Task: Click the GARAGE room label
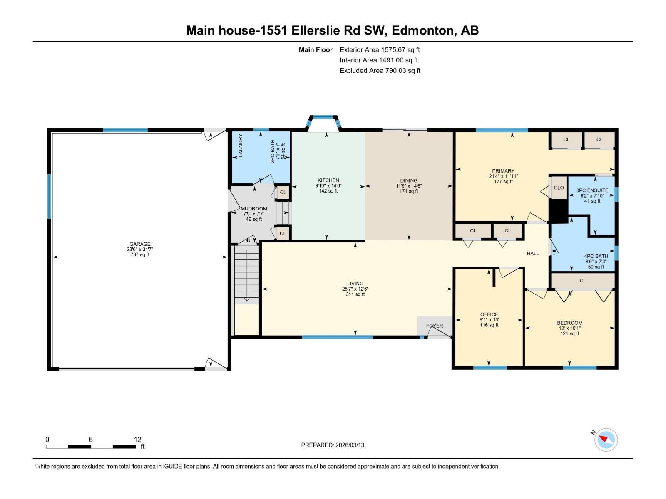click(x=140, y=244)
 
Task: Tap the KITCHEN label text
click(x=328, y=180)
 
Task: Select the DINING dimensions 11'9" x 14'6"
click(x=409, y=186)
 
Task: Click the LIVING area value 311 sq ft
click(x=355, y=294)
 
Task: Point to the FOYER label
click(x=434, y=326)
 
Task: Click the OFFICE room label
click(x=489, y=314)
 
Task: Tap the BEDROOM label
click(x=569, y=323)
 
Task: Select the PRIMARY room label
click(x=503, y=171)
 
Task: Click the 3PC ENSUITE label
click(x=592, y=190)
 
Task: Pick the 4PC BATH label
click(x=596, y=256)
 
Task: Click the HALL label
click(x=532, y=253)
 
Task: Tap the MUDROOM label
click(x=253, y=209)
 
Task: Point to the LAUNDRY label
click(x=240, y=146)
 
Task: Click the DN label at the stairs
click(x=247, y=241)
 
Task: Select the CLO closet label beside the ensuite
click(x=559, y=188)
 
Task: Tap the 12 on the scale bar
click(x=137, y=440)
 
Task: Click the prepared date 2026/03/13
click(x=350, y=445)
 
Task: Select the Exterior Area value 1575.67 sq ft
click(x=400, y=49)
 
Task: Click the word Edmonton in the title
click(x=422, y=30)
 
